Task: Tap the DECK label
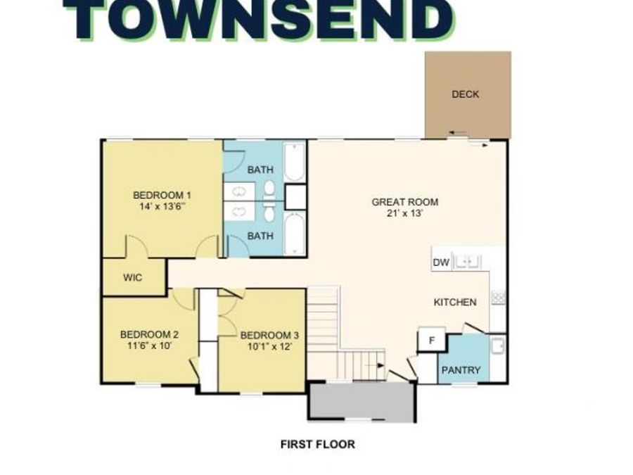coord(465,94)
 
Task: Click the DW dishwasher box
coord(441,262)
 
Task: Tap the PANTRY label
coord(461,369)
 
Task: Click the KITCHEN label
coord(454,302)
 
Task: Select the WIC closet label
coord(132,277)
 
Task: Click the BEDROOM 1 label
coord(162,195)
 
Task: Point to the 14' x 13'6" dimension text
coord(163,207)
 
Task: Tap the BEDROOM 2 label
coord(149,334)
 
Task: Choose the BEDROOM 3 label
coord(264,335)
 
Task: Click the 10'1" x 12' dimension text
coord(264,346)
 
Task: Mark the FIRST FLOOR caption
coord(317,444)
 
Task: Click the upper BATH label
coord(260,170)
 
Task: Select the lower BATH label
coord(260,236)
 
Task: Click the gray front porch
coord(362,402)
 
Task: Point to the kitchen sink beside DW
coord(468,262)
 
